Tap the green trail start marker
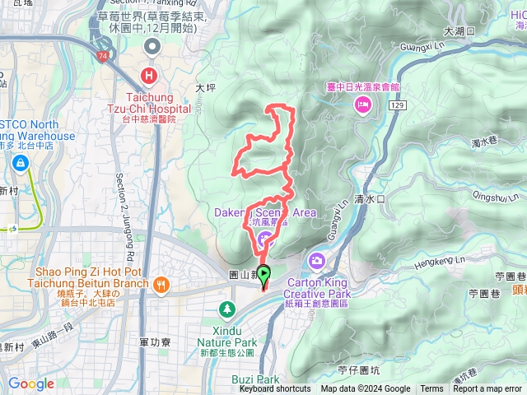tap(264, 274)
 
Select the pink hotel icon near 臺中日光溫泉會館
tap(362, 104)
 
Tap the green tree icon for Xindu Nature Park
tap(226, 309)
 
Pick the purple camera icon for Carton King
tap(316, 261)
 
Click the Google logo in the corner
tap(31, 384)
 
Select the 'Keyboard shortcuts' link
tap(275, 389)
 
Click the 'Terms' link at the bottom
tap(431, 389)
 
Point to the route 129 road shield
tap(398, 106)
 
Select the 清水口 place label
tap(369, 199)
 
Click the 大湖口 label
tap(455, 31)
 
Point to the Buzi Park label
tap(256, 379)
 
